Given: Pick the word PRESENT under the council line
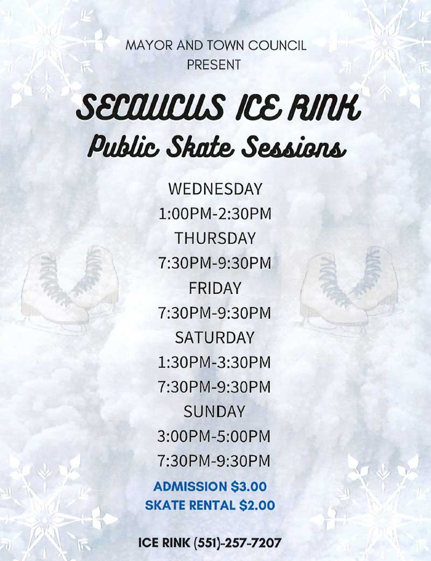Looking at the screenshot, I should tap(214, 65).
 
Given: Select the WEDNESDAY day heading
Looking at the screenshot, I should tap(215, 190).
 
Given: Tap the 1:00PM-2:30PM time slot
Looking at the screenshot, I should tap(214, 214).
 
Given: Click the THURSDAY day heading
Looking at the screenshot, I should tap(215, 239).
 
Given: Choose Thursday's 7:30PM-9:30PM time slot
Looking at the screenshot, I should tap(214, 263).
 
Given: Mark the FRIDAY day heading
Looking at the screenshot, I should tap(215, 288).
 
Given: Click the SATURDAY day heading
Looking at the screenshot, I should tap(214, 338).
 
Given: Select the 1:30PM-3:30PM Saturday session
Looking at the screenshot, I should tap(214, 362).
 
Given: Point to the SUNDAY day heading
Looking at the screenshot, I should tap(214, 412).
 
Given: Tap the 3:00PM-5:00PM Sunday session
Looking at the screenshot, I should tap(214, 436).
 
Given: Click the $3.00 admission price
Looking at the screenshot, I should tap(248, 487).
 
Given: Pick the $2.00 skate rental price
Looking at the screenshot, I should tap(256, 506).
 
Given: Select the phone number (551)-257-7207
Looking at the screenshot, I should tap(238, 543).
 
